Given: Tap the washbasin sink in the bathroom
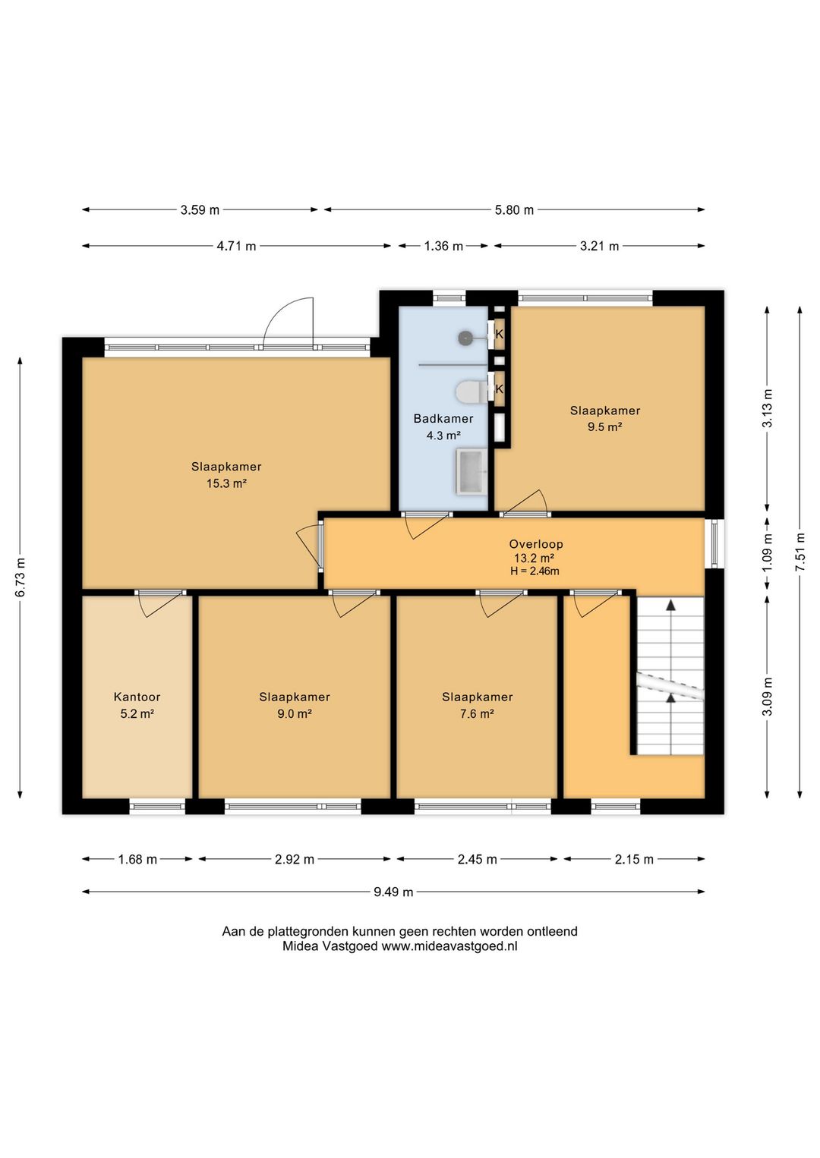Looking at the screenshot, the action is pyautogui.click(x=471, y=471).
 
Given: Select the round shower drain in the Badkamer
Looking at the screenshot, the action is pyautogui.click(x=465, y=338).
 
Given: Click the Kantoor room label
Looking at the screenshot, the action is pyautogui.click(x=137, y=697).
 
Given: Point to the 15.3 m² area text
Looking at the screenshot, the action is pyautogui.click(x=226, y=483).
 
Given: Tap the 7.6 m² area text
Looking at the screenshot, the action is pyautogui.click(x=477, y=714).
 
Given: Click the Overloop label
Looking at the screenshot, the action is pyautogui.click(x=536, y=544).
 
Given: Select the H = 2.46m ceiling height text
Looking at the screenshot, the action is pyautogui.click(x=535, y=571).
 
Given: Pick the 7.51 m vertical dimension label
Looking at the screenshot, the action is pyautogui.click(x=799, y=552).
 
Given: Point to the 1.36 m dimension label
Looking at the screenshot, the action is pyautogui.click(x=443, y=246).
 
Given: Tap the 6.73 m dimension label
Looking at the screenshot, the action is pyautogui.click(x=20, y=577).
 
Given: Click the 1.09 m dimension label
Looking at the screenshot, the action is pyautogui.click(x=767, y=552).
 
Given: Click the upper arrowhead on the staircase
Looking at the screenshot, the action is pyautogui.click(x=671, y=606).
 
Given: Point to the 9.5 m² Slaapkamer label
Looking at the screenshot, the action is pyautogui.click(x=605, y=419).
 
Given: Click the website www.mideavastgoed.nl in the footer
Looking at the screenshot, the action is pyautogui.click(x=449, y=946).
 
